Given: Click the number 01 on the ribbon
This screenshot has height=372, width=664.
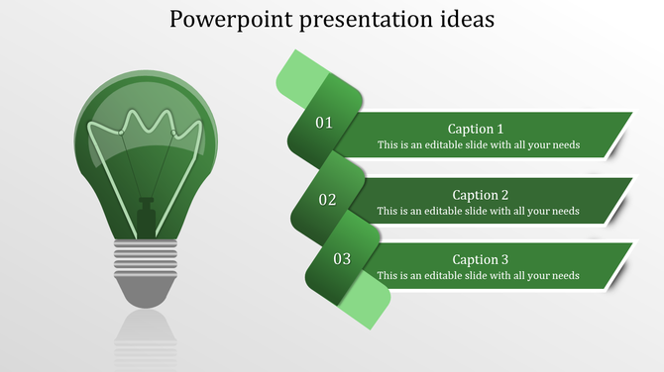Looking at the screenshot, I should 324,124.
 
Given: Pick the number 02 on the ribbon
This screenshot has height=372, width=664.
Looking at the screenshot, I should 327,200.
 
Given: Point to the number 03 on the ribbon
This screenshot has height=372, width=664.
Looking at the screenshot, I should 342,259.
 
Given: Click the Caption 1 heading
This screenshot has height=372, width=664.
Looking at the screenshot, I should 476,129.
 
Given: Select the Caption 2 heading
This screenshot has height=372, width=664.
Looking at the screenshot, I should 480,195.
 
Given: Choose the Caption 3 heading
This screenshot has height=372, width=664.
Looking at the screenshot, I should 480,259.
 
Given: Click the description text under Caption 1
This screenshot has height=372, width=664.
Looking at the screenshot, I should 478,145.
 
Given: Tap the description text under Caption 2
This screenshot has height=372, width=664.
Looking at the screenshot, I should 478,211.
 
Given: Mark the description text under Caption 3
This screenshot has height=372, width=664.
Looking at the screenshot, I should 478,276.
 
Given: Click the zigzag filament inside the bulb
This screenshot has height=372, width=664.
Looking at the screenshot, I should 148,126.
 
